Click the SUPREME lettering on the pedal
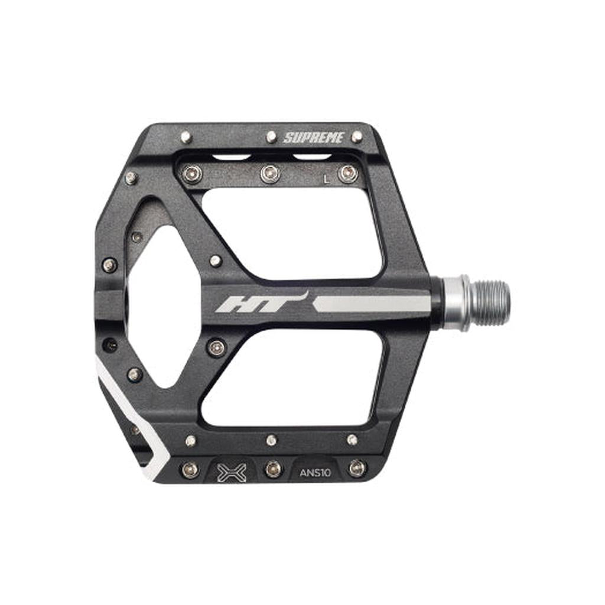[313, 138]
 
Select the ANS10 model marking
[315, 473]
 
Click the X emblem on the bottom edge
[232, 473]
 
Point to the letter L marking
[327, 179]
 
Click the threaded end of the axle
[489, 302]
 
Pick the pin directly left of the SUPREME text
[272, 136]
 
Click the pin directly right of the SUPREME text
[357, 136]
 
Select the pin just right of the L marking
[348, 174]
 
